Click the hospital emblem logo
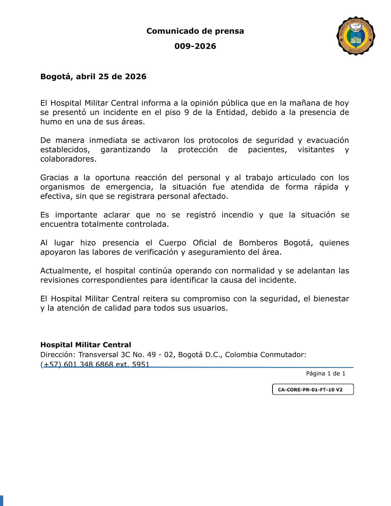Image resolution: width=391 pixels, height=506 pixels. pos(356,36)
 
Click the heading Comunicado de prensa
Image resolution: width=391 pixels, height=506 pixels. pos(195,31)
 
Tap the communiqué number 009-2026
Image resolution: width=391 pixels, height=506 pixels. pos(195,46)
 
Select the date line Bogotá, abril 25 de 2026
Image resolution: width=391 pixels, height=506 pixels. pos(93,77)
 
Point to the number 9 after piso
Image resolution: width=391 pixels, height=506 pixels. pos(187,112)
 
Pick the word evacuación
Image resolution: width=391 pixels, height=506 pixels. pos(327,141)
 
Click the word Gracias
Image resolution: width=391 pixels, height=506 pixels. pos(54,178)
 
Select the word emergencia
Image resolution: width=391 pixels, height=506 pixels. pos(129,187)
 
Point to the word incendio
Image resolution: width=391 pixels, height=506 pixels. pos(237,215)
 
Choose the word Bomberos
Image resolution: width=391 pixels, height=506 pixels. pos(258,243)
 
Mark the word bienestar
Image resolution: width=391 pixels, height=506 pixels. pos(331,299)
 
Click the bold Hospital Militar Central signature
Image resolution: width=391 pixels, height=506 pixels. pos(86,345)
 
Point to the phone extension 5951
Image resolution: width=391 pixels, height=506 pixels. pos(141,364)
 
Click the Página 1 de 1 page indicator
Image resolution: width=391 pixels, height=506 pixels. pos(326,373)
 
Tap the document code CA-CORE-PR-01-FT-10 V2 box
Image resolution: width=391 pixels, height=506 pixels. pos(313,389)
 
